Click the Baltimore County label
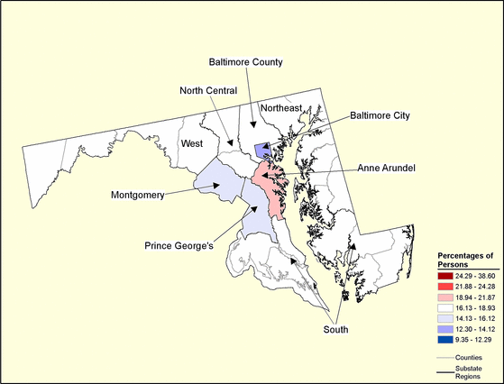246,62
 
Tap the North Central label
208,90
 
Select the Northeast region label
280,108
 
